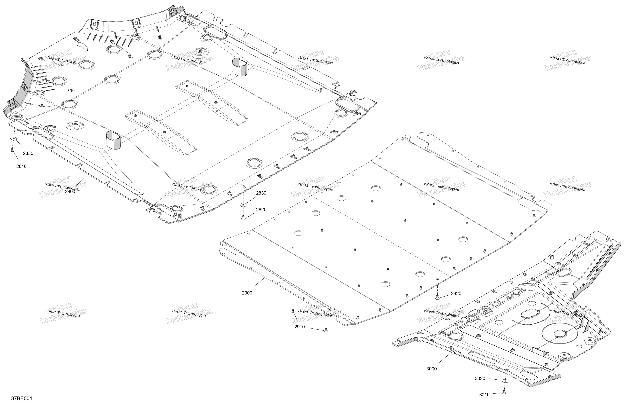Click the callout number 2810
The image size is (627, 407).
pyautogui.click(x=21, y=166)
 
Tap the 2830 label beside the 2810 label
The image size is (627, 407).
pyautogui.click(x=28, y=153)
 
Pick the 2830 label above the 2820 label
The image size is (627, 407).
pyautogui.click(x=261, y=193)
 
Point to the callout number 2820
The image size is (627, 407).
pyautogui.click(x=261, y=210)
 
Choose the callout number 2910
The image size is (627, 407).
pyautogui.click(x=300, y=327)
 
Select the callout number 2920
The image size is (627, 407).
pyautogui.click(x=456, y=294)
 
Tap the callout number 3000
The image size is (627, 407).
pyautogui.click(x=432, y=369)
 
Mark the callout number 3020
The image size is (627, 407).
pyautogui.click(x=480, y=378)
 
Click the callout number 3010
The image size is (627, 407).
pyautogui.click(x=484, y=395)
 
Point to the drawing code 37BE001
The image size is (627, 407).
pyautogui.click(x=22, y=398)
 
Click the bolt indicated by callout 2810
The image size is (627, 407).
pyautogui.click(x=12, y=150)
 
